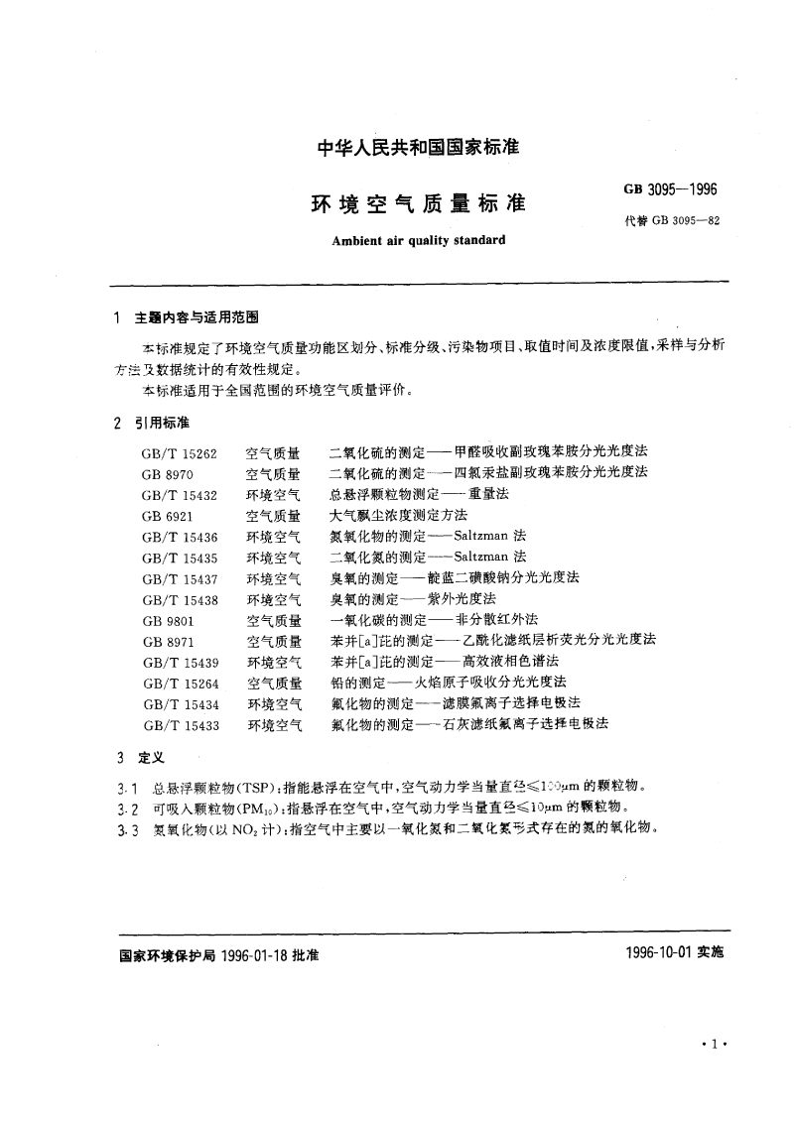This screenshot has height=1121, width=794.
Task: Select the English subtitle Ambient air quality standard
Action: point(418,240)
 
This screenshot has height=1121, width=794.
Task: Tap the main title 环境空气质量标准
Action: point(418,204)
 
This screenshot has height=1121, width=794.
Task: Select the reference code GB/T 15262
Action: point(180,452)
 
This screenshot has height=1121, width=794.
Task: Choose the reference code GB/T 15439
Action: point(180,662)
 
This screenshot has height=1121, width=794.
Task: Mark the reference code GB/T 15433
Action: point(180,724)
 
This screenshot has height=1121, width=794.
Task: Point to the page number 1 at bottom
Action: point(715,1045)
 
